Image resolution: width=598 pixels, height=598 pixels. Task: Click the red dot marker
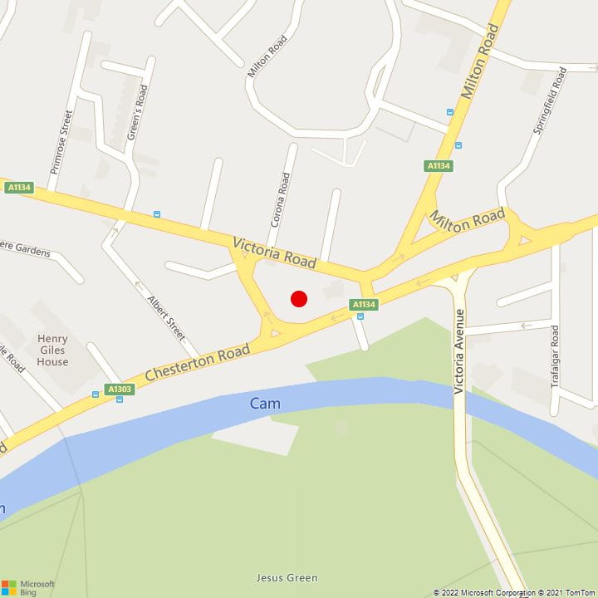pos(299,299)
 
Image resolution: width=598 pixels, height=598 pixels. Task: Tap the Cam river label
pos(265,404)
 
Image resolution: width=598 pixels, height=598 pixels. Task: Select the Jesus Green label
pos(287,578)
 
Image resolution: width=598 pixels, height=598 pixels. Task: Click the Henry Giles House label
pos(52,350)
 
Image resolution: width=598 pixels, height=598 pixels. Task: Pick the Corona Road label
pos(279,199)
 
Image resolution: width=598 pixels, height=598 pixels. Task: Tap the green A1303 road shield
pos(120,389)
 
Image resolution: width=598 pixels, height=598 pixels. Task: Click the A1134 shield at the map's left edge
pos(18,188)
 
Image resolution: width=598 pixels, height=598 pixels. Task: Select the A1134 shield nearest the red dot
pos(364,305)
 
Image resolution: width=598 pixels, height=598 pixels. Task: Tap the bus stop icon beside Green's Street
pos(157,214)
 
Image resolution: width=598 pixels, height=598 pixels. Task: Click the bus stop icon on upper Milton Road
pos(449,111)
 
